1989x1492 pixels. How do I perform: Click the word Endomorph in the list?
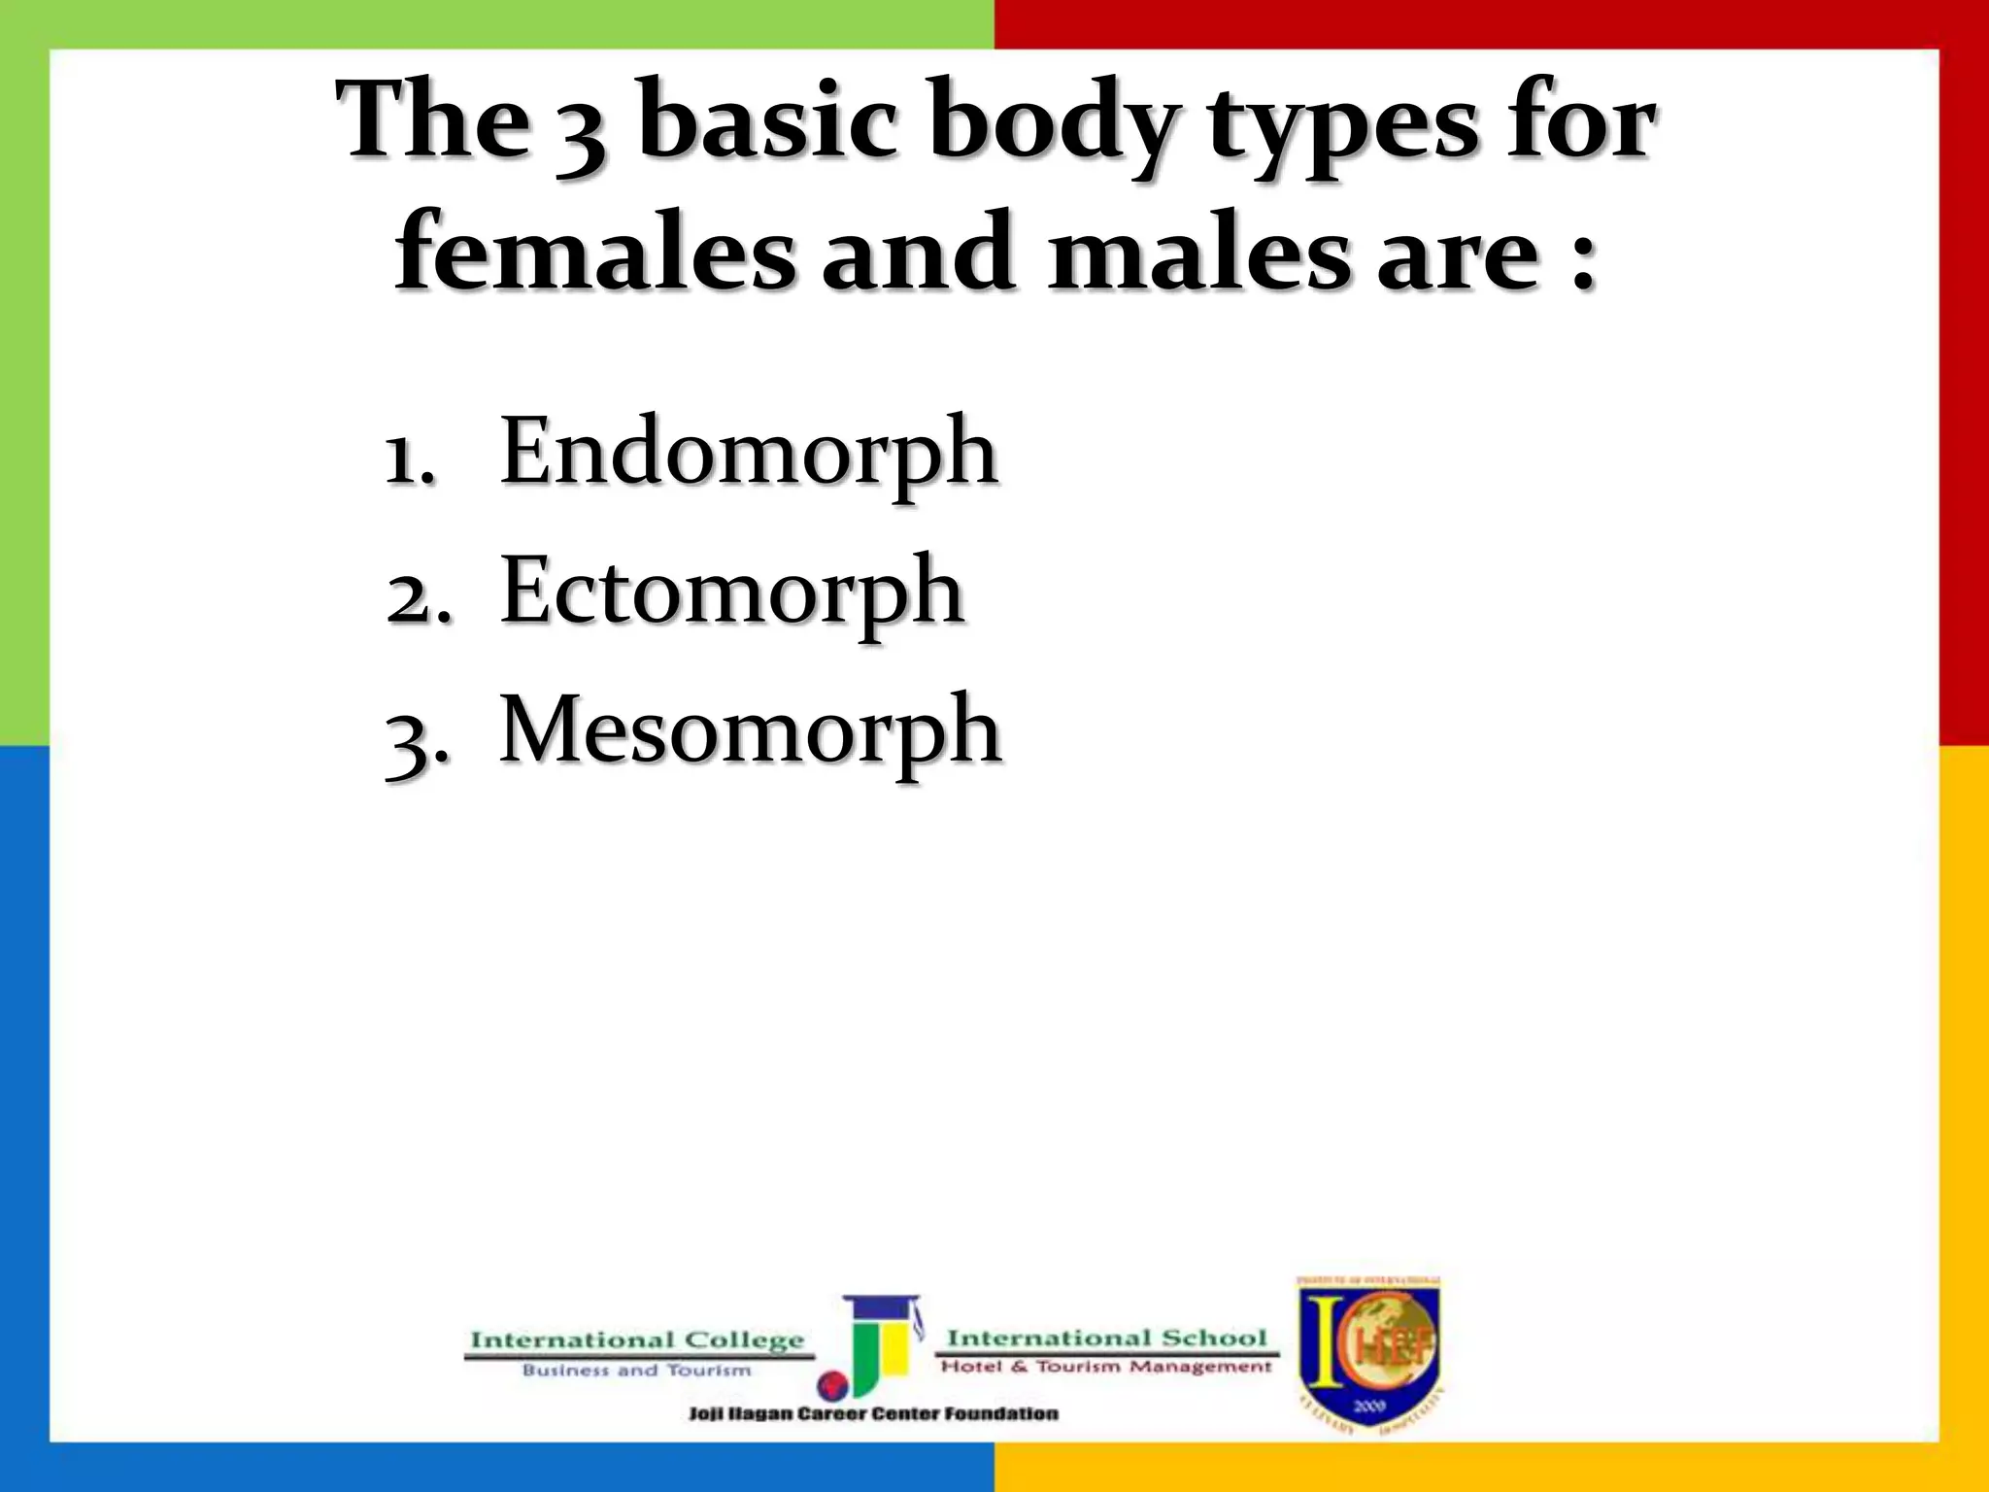pos(748,452)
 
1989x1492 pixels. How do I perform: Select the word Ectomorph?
pos(731,592)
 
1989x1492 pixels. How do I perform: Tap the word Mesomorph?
pos(750,731)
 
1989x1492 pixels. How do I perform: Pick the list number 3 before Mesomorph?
pos(417,739)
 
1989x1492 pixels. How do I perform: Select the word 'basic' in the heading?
pos(767,122)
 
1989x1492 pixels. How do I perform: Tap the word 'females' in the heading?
pos(594,253)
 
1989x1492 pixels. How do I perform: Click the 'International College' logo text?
pos(637,1341)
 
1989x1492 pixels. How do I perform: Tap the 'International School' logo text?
pos(1107,1339)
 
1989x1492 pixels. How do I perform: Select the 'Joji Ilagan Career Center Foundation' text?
pos(873,1413)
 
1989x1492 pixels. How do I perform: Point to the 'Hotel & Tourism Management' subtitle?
pos(1106,1367)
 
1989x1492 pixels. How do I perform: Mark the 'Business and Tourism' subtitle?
pos(637,1371)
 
